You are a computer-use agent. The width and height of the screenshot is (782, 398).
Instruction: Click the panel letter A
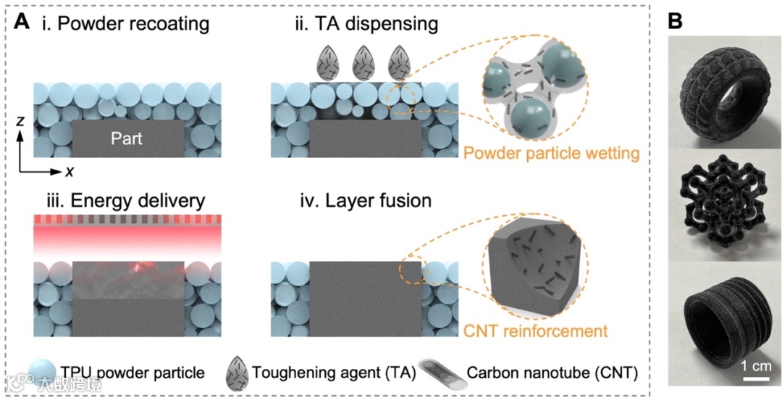22,22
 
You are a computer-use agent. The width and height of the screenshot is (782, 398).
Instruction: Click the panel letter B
675,22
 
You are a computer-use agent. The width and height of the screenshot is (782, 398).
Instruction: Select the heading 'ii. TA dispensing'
366,23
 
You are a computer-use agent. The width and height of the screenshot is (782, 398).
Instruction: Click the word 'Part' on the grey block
127,138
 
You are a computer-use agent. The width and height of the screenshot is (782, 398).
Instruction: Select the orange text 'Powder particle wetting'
551,154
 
